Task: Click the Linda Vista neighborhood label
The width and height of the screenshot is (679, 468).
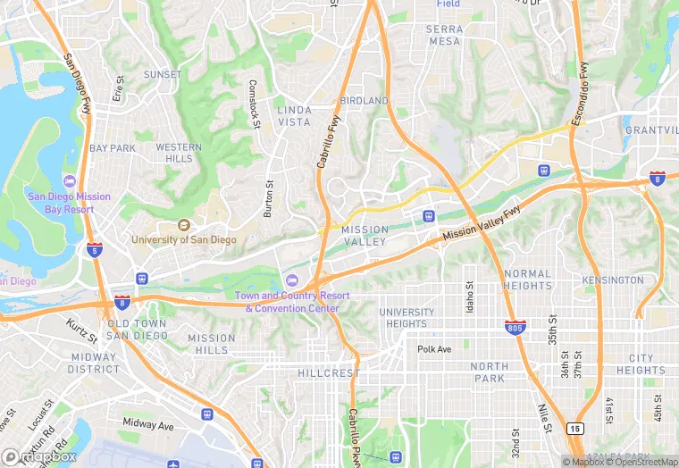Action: tap(294, 116)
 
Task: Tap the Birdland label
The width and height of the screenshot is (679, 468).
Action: tap(365, 101)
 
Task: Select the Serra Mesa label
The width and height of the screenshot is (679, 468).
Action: tap(445, 35)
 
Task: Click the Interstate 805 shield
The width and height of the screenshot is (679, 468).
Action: tap(514, 327)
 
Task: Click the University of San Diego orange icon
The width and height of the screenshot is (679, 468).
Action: tap(184, 225)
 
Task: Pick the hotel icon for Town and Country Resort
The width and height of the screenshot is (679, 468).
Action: tap(291, 282)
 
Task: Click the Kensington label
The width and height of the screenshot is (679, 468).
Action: tap(612, 280)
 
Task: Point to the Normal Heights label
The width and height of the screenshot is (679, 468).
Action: tap(527, 280)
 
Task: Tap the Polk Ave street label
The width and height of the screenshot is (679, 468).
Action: tap(435, 349)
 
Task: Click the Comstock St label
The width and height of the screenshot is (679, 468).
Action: tap(255, 104)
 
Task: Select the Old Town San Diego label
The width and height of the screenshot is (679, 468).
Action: tap(137, 330)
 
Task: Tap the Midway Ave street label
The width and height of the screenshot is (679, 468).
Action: tap(148, 425)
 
